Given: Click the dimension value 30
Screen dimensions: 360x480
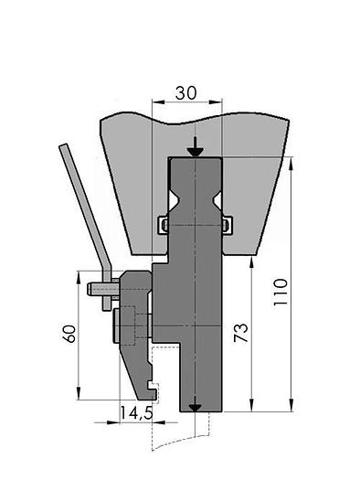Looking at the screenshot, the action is pos(186,93).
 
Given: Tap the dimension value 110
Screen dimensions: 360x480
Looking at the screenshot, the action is pos(281,292).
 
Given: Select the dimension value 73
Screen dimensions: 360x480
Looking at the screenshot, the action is pos(240,332).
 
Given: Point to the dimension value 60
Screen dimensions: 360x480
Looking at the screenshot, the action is pos(69,334).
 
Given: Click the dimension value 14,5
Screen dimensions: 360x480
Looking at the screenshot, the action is pos(136,413).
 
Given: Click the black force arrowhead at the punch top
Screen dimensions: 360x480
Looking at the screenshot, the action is pos(195,152).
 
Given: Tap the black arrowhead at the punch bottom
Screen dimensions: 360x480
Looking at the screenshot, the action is pos(195,408).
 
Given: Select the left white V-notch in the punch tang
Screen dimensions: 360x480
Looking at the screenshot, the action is pos(173,201).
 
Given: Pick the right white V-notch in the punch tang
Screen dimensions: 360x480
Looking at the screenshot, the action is pos(217,201).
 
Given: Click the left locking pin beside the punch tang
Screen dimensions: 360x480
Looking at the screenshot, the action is pos(164,226).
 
